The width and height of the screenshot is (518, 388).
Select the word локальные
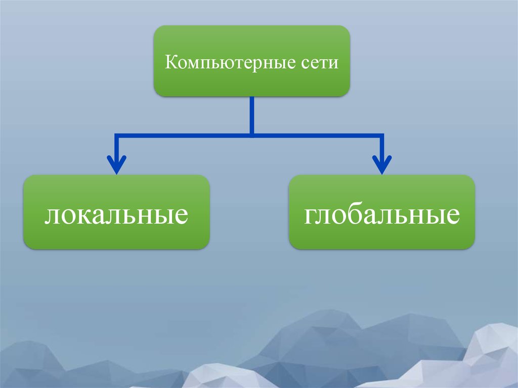116,215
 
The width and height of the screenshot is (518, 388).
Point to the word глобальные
382,215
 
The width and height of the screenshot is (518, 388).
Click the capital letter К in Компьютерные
171,62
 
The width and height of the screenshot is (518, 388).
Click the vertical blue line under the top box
252,116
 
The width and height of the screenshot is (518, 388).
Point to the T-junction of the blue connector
252,136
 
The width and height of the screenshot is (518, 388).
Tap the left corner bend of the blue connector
117,136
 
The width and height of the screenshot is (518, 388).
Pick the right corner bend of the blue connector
382,136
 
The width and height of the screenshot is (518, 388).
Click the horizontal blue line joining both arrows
249,136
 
